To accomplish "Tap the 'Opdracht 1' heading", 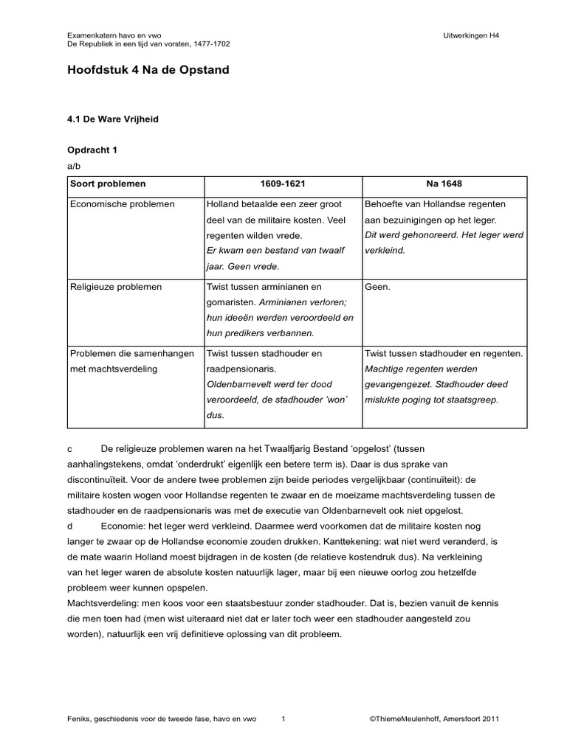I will tap(92, 150).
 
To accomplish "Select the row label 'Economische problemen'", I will tap(122, 204).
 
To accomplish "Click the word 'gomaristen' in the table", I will tap(230, 302).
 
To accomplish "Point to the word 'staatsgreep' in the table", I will tap(474, 400).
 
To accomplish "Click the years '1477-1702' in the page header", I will tap(210, 44).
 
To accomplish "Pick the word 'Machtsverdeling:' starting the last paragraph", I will tap(100, 604).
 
